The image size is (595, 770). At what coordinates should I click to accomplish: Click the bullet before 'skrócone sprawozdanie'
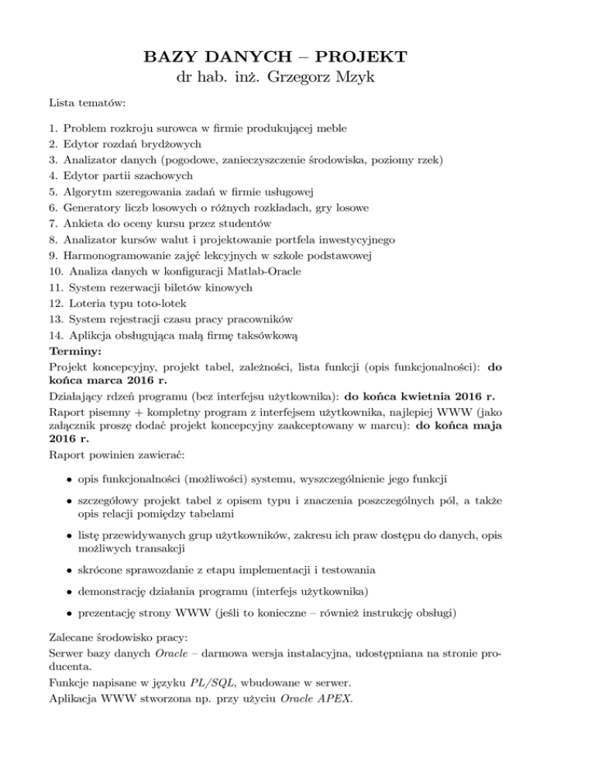click(69, 570)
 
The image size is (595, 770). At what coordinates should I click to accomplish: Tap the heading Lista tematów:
click(83, 102)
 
